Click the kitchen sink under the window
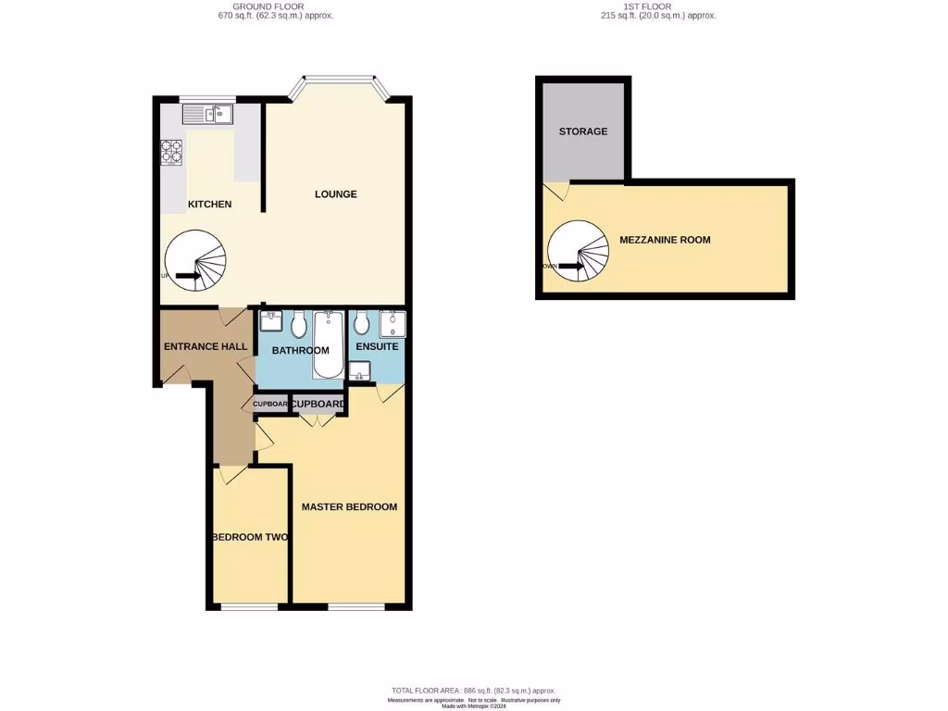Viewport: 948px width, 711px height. pyautogui.click(x=208, y=114)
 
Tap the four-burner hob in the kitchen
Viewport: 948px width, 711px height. pyautogui.click(x=172, y=151)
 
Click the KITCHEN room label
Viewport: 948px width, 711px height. pyautogui.click(x=209, y=204)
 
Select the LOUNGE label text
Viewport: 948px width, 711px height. pyautogui.click(x=335, y=194)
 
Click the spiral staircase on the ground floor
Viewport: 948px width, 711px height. pyautogui.click(x=195, y=261)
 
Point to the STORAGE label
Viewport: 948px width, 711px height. pyautogui.click(x=583, y=131)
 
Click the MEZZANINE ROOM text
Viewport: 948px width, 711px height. pyautogui.click(x=665, y=240)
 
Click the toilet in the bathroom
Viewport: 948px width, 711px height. pyautogui.click(x=299, y=326)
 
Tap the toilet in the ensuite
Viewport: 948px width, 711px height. pyautogui.click(x=362, y=324)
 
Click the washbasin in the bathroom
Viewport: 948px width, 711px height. pyautogui.click(x=271, y=323)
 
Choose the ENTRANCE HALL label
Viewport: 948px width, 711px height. pyautogui.click(x=206, y=346)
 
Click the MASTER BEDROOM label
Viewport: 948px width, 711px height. pyautogui.click(x=349, y=506)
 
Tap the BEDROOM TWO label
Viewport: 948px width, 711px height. pyautogui.click(x=250, y=537)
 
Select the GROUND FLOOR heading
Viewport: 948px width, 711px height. pyautogui.click(x=282, y=10)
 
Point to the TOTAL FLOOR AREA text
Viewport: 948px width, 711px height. pyautogui.click(x=473, y=691)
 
